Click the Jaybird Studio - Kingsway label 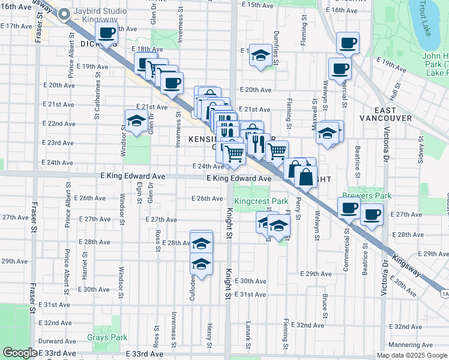click(100, 16)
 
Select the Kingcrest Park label click(261, 202)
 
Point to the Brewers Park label click(367, 196)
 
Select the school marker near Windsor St click(136, 120)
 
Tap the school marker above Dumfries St click(259, 55)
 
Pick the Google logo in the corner click(20, 353)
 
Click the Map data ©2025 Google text click(412, 355)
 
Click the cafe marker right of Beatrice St click(372, 214)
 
